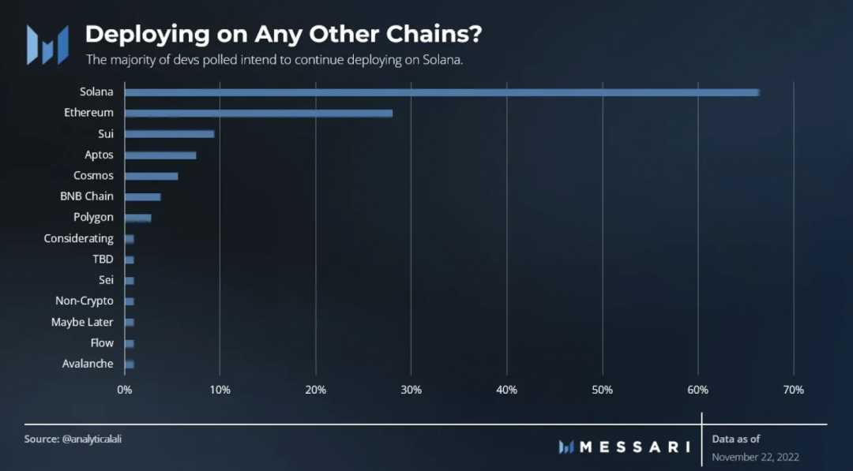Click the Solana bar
[442, 92]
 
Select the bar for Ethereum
[258, 113]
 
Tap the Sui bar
[169, 134]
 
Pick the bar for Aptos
[160, 155]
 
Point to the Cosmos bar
[151, 176]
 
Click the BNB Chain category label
[87, 196]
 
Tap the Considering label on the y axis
[79, 238]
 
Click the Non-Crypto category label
[85, 301]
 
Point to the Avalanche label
[88, 364]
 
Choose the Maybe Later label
[82, 322]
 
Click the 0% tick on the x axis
[125, 390]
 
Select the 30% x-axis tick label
[411, 390]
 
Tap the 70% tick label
[793, 390]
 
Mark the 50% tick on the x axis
[602, 390]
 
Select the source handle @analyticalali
[92, 439]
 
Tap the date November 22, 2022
[757, 457]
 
